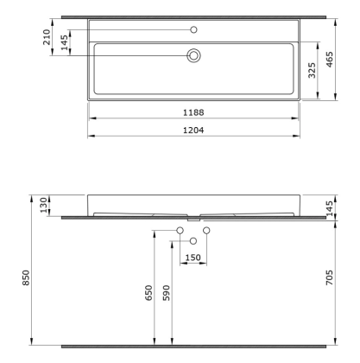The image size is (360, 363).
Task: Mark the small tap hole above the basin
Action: coord(193,29)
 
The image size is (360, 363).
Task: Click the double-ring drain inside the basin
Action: coord(193,56)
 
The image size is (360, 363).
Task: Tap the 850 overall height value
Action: coord(26,278)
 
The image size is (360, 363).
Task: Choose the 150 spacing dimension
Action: coord(193,258)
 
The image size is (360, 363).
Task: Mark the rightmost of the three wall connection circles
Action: coord(206,231)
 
